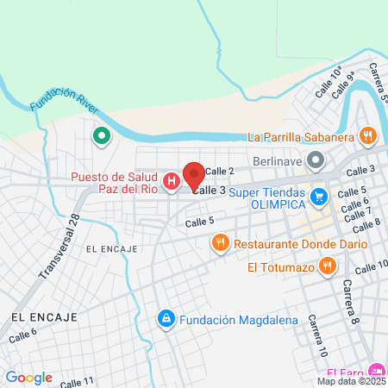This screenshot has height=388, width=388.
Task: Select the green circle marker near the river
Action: (101, 135)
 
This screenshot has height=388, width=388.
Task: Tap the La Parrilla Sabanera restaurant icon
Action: (368, 135)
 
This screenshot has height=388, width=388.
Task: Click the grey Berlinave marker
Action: (316, 160)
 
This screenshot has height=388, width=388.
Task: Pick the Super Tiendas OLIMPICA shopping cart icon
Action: (319, 197)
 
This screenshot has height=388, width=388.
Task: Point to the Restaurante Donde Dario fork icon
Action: (220, 244)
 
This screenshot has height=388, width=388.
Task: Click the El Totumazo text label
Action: (280, 267)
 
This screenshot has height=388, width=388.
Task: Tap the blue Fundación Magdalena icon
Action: (165, 320)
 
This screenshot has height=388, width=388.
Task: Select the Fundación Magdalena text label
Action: (239, 321)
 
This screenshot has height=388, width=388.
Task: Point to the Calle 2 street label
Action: (220, 171)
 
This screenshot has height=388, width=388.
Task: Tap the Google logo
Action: (28, 377)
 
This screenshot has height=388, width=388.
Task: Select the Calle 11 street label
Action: (77, 382)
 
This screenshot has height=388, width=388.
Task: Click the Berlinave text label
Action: (280, 160)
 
